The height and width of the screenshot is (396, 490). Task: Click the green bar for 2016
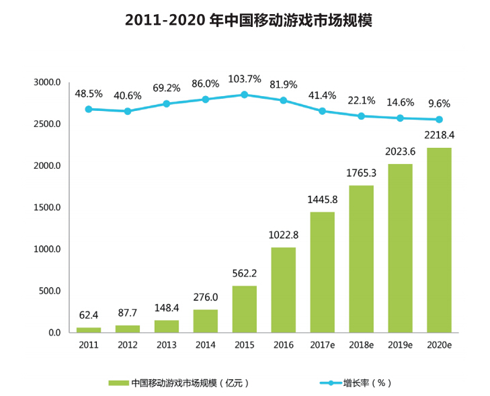pos(283,290)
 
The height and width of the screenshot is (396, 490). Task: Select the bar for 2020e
pos(439,240)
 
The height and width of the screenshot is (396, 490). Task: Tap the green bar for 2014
pos(205,321)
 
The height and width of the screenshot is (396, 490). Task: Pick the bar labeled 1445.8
pos(322,272)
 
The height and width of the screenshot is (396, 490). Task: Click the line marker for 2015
pos(245,95)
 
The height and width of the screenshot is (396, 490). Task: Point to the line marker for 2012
pos(128,111)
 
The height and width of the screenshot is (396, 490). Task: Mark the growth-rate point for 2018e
pos(361,116)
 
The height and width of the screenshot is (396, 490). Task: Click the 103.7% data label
pos(245,79)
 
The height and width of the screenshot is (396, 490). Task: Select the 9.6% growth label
pos(439,104)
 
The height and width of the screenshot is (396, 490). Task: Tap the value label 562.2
pos(245,274)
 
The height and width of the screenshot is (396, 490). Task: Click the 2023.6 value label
pos(400,152)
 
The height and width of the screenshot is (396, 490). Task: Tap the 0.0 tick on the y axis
pos(54,333)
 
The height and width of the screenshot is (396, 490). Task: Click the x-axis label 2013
pos(166,345)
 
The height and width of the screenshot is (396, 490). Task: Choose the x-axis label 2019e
pos(400,345)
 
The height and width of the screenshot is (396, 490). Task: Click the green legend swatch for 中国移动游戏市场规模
pos(118,383)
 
